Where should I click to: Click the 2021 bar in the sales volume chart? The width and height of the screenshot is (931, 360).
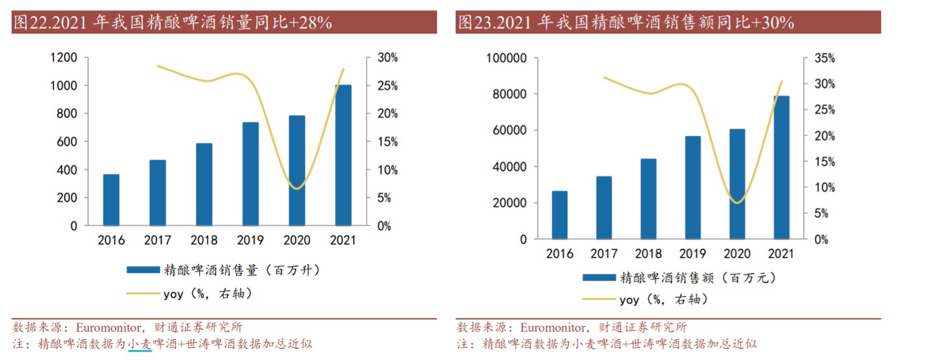click(x=343, y=155)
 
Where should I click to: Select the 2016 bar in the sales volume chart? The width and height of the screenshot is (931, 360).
click(x=111, y=200)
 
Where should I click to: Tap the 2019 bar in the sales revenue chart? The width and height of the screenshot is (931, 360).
click(x=692, y=187)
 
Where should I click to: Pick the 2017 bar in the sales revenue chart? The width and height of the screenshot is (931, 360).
click(x=604, y=207)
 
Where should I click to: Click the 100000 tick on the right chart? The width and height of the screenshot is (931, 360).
click(x=506, y=58)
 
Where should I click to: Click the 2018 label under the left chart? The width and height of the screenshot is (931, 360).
click(x=204, y=240)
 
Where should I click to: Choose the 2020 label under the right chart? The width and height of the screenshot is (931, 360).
click(x=737, y=253)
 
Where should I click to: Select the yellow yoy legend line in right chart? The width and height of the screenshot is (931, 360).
click(x=599, y=299)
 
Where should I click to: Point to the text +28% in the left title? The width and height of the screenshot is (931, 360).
click(x=311, y=23)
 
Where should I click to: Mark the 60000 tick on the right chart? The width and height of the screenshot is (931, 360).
click(x=511, y=131)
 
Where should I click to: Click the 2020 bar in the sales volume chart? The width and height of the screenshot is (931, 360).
click(x=297, y=171)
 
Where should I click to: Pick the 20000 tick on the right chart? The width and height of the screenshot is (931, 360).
click(x=511, y=203)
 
